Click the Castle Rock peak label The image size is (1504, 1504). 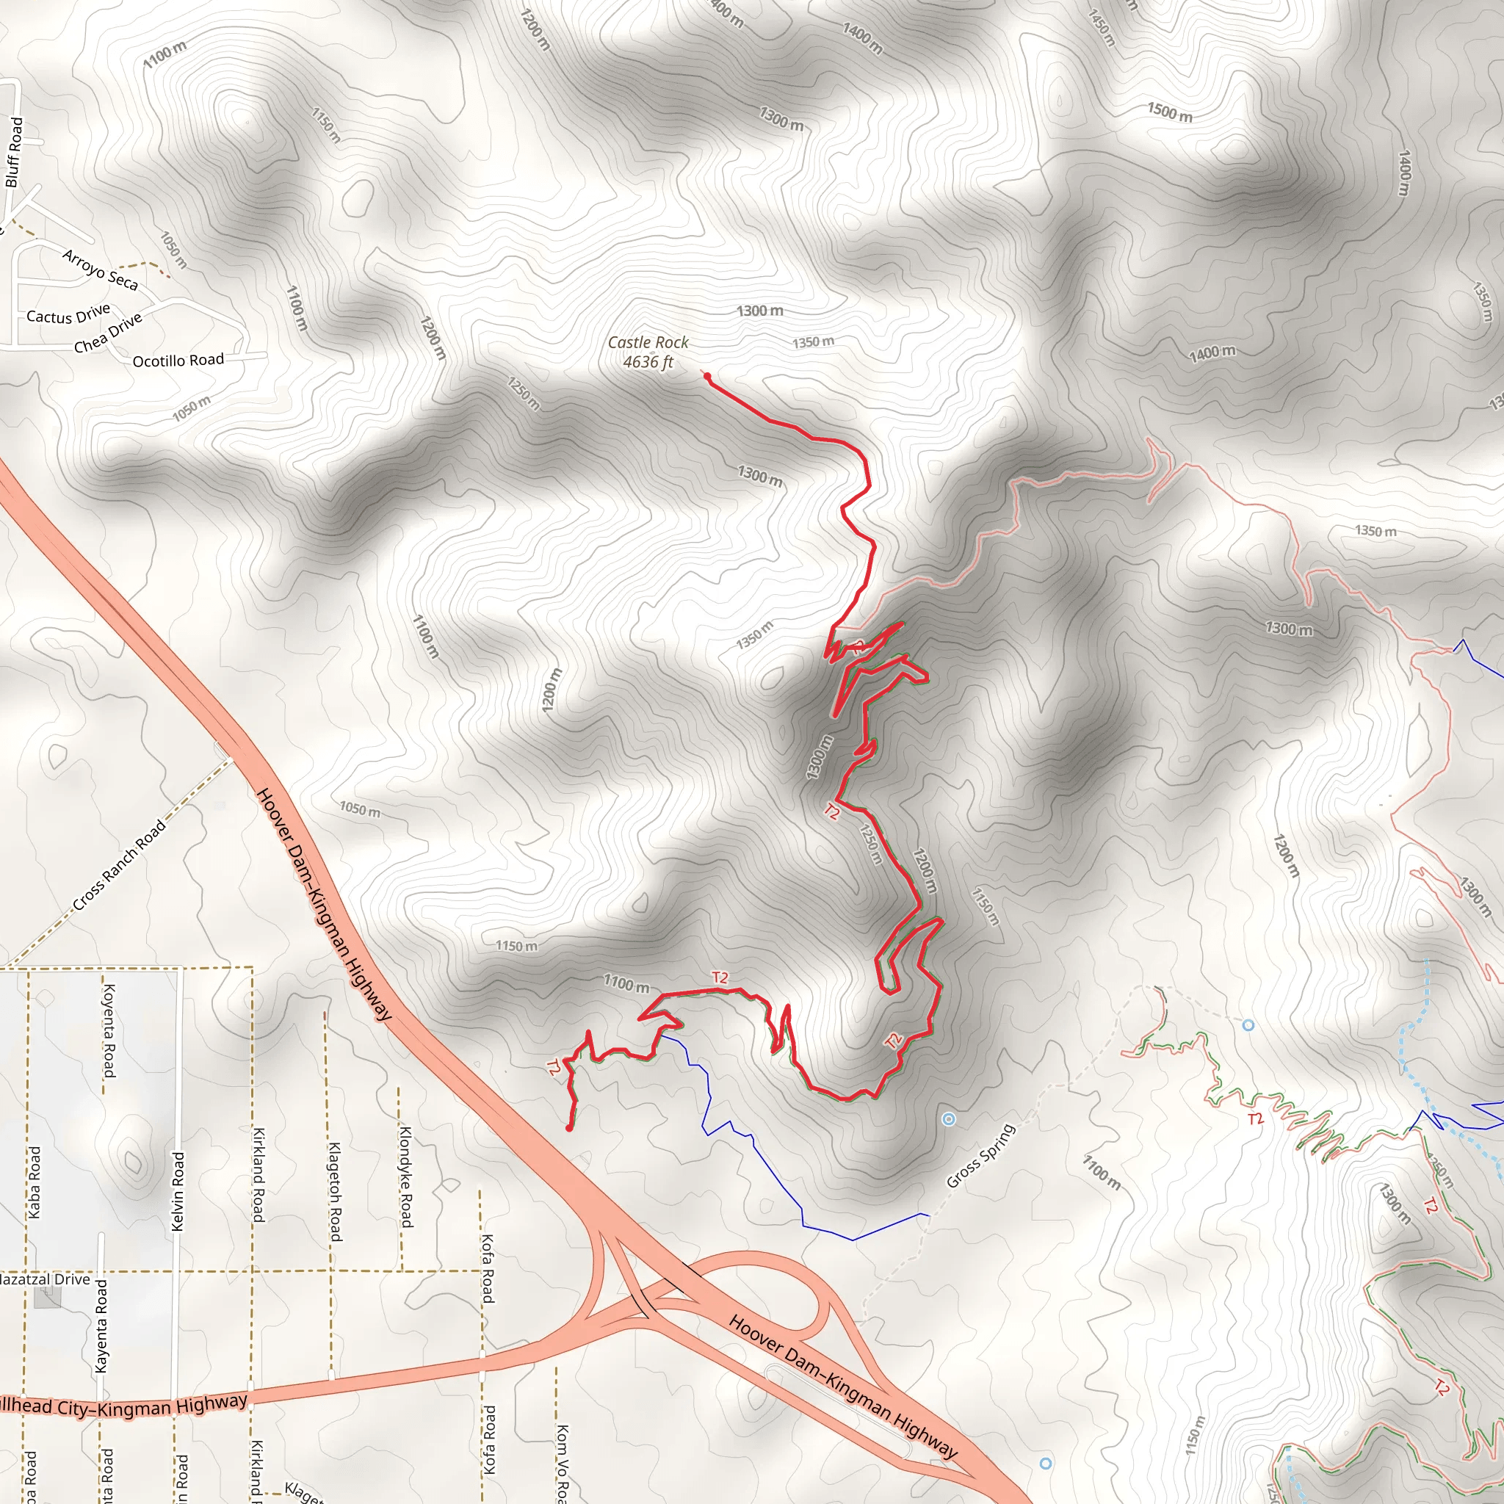coord(648,342)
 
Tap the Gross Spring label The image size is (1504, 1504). coord(981,1156)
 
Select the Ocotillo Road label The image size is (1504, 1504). coord(178,361)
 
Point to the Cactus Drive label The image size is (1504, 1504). coord(68,315)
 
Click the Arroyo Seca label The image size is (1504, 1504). coord(101,270)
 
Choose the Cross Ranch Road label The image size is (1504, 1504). coord(119,865)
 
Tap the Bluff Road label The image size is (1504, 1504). coord(14,153)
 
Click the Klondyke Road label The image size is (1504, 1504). coord(405,1176)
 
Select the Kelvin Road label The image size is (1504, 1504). coord(178,1191)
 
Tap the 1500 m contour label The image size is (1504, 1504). coord(1169,112)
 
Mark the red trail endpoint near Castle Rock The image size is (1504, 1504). coord(707,377)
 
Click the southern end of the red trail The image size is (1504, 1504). coord(570,1127)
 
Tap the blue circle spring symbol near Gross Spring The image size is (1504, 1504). coord(948,1119)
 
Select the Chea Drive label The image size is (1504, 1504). coord(108,333)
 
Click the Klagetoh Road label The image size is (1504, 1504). coord(334,1192)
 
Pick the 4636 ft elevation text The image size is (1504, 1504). coord(648,362)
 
